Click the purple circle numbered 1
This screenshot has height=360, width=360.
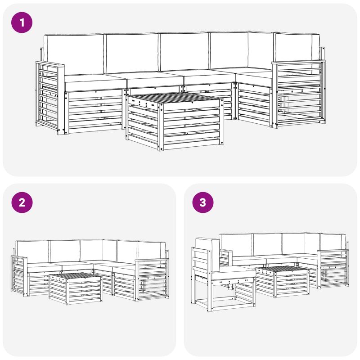(x=22, y=22)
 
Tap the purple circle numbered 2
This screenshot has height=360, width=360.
(x=22, y=202)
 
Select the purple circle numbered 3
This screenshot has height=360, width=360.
(x=203, y=202)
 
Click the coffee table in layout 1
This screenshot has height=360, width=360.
(x=175, y=121)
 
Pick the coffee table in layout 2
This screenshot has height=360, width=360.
(x=76, y=288)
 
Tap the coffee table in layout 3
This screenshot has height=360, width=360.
(x=283, y=282)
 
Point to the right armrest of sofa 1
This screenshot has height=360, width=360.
(x=298, y=94)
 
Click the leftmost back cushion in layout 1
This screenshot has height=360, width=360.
(x=74, y=54)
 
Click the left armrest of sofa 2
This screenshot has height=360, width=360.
(x=19, y=275)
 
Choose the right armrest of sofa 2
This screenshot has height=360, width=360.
(x=152, y=279)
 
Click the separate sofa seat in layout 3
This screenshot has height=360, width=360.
(x=223, y=274)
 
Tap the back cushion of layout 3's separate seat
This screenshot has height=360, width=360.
(x=208, y=255)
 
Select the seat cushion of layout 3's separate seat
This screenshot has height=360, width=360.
(x=233, y=273)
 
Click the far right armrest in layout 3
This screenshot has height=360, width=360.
(x=333, y=269)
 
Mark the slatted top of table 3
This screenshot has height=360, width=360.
(x=283, y=270)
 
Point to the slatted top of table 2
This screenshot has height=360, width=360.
(x=76, y=276)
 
